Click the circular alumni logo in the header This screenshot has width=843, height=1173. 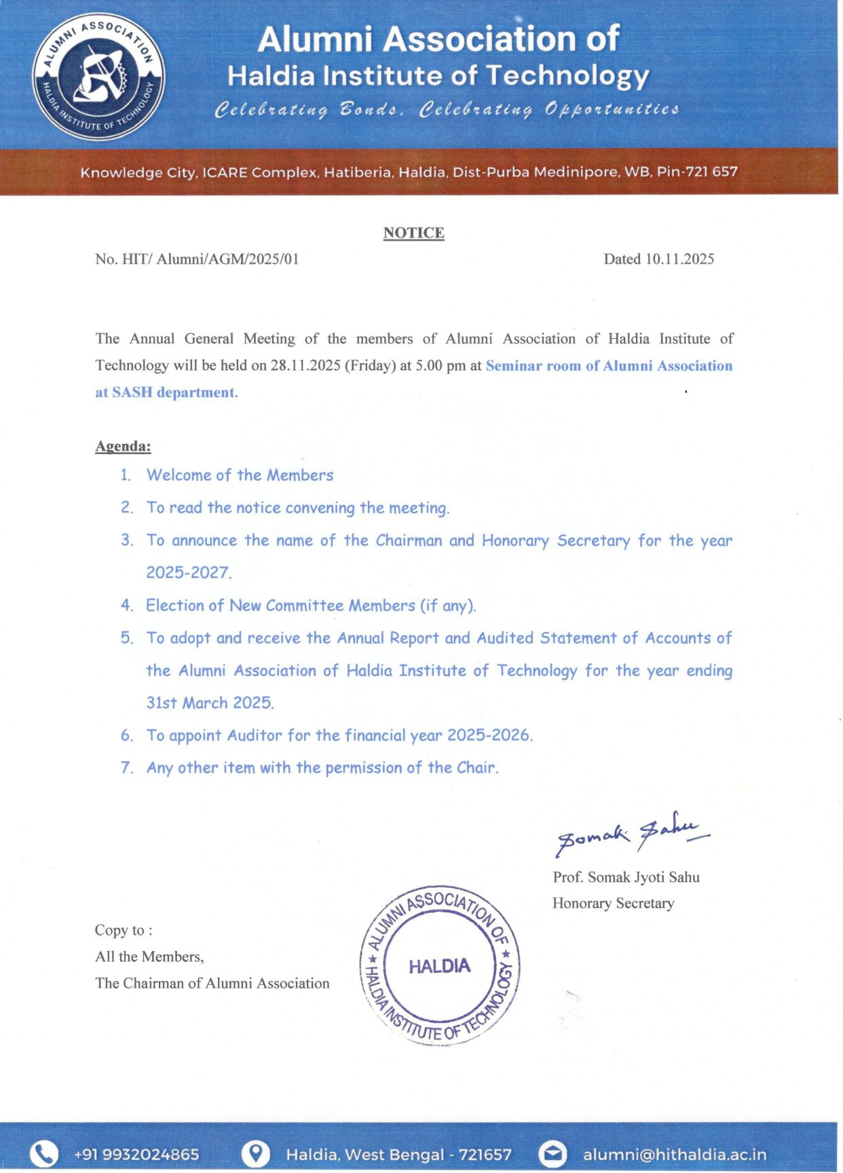tap(99, 76)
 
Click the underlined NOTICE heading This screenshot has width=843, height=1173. tap(413, 233)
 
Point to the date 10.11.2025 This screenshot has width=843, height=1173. tap(679, 259)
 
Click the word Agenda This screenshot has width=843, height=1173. tap(123, 446)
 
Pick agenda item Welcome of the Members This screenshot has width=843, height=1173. tap(240, 475)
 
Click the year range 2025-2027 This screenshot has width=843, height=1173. tap(189, 573)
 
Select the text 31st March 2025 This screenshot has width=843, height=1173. tap(210, 703)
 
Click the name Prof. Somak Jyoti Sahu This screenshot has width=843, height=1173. tap(626, 877)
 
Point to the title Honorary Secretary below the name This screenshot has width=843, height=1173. tap(613, 904)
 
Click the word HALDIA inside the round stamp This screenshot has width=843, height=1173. tap(439, 966)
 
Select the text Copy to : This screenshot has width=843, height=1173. tap(124, 931)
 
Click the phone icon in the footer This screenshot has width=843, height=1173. tap(44, 1154)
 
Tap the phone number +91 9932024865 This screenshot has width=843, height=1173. tap(136, 1155)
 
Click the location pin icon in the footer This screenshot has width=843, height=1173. tap(256, 1154)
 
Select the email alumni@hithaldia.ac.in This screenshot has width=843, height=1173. tap(675, 1155)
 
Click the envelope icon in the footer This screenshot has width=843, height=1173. tap(552, 1154)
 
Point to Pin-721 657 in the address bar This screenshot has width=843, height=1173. tap(697, 172)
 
